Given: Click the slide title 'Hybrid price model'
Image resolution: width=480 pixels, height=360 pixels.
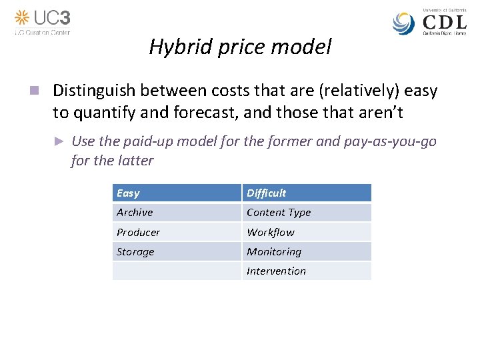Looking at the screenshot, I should tap(240, 47).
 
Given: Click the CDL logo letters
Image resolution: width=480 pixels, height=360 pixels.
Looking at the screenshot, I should tap(445, 22).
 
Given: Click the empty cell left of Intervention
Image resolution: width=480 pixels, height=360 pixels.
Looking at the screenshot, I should tap(176, 271).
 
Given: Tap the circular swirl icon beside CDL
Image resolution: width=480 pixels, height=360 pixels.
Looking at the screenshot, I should tap(404, 23).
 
